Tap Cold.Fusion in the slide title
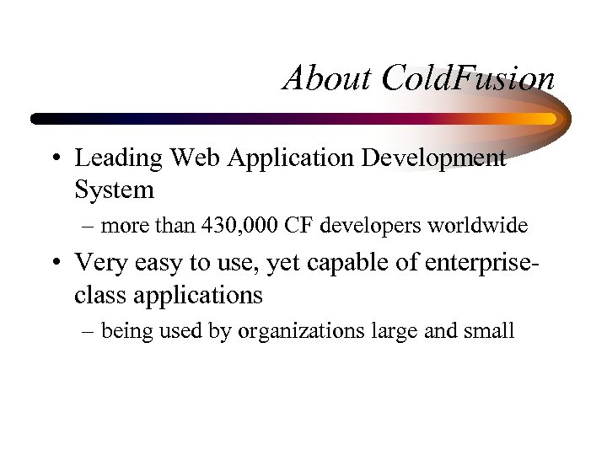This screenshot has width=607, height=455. pos(468,78)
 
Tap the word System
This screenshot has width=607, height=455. pos(114,190)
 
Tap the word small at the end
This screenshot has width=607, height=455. pos(489,330)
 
